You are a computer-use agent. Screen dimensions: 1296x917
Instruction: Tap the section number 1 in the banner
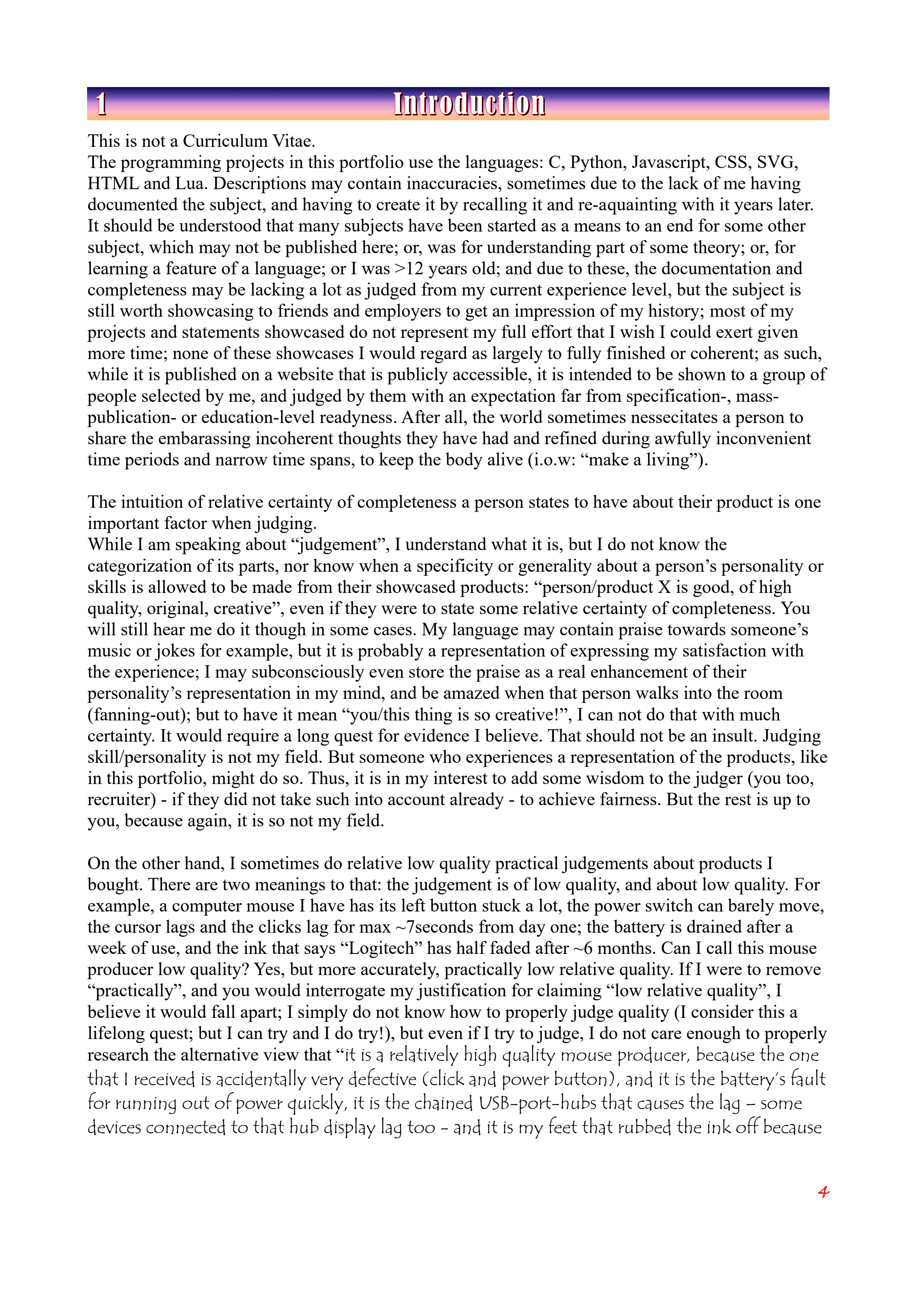pos(101,104)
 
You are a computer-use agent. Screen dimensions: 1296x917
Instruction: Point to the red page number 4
pos(823,1192)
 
